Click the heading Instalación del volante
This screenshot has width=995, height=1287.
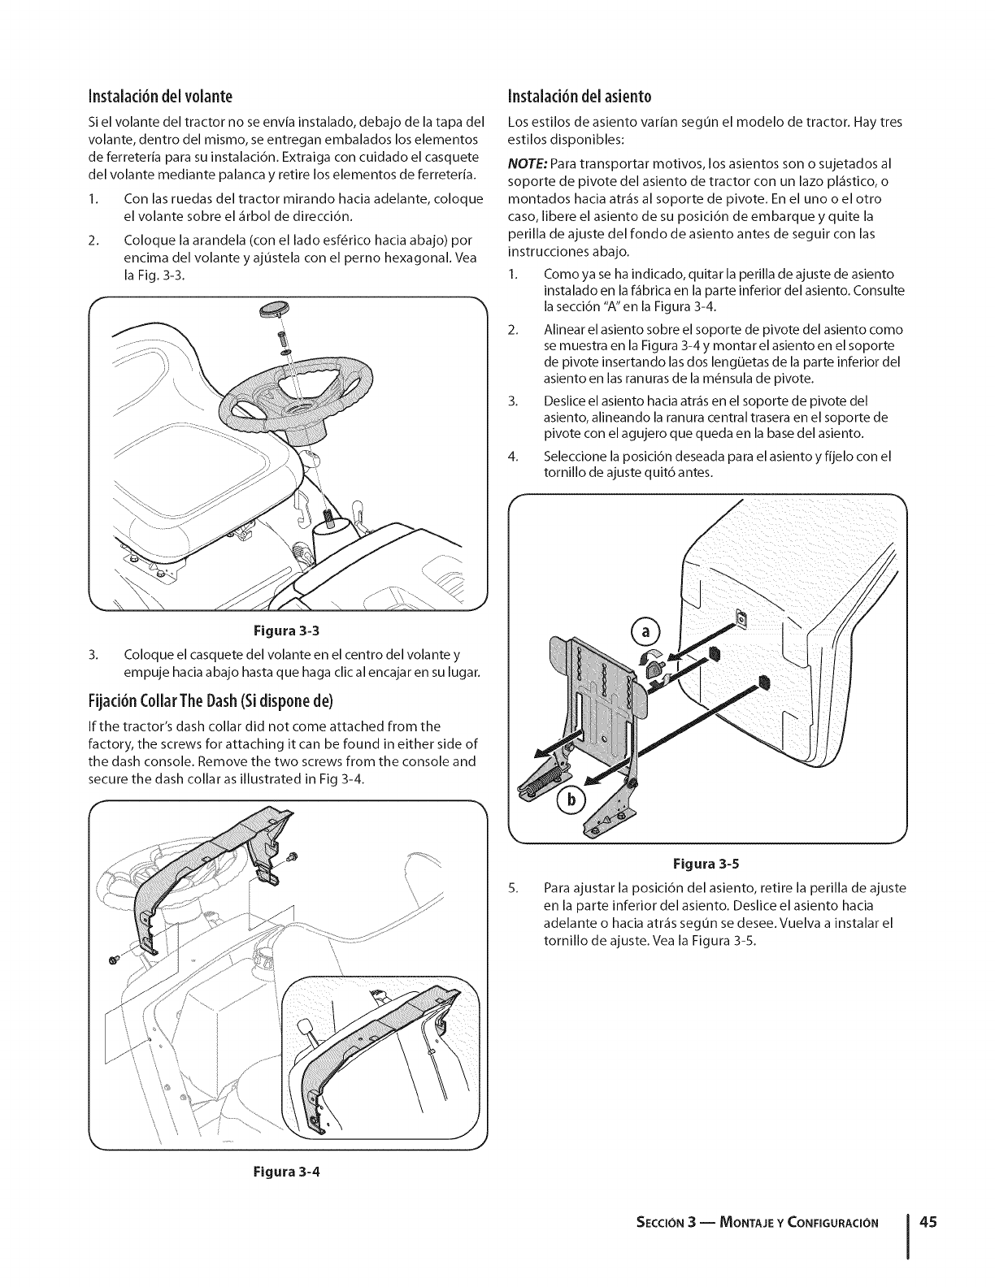[164, 98]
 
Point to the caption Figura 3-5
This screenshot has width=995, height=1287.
[706, 864]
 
